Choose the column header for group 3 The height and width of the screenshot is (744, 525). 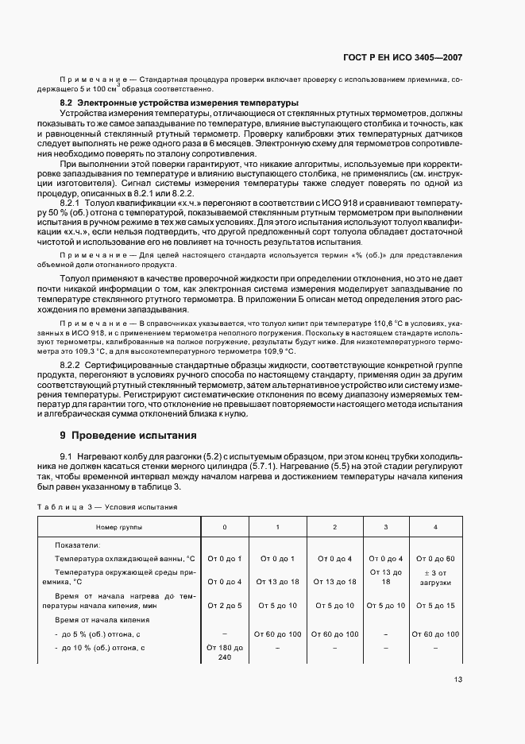(x=386, y=527)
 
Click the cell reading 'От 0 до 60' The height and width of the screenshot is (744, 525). (x=435, y=559)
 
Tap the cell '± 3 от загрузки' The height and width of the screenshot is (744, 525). (x=435, y=578)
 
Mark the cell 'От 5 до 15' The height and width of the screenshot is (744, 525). (x=435, y=606)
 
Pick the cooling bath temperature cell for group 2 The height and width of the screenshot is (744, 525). (x=334, y=559)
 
